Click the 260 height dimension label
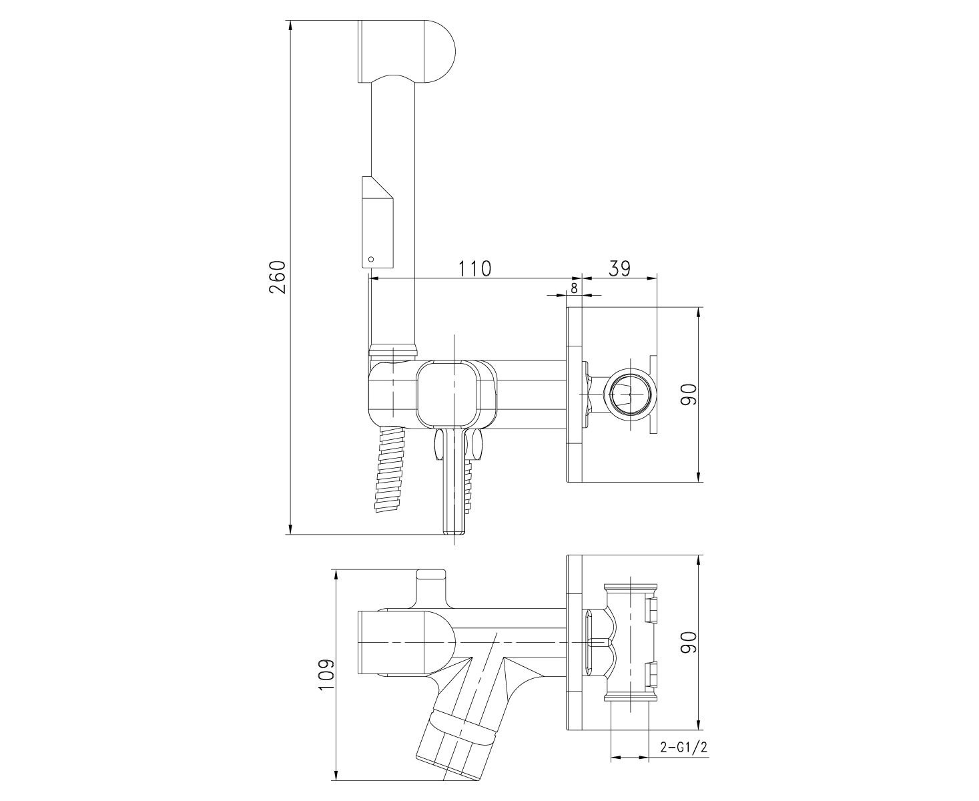tap(278, 277)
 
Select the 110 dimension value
tap(474, 269)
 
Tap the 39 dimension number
tap(619, 268)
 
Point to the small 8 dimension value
tap(574, 288)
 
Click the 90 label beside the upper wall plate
tap(690, 394)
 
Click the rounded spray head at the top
tap(406, 51)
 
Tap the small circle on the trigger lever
tap(370, 259)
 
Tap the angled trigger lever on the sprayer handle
tap(378, 222)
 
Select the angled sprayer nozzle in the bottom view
tap(457, 738)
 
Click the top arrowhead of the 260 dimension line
tap(290, 26)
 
